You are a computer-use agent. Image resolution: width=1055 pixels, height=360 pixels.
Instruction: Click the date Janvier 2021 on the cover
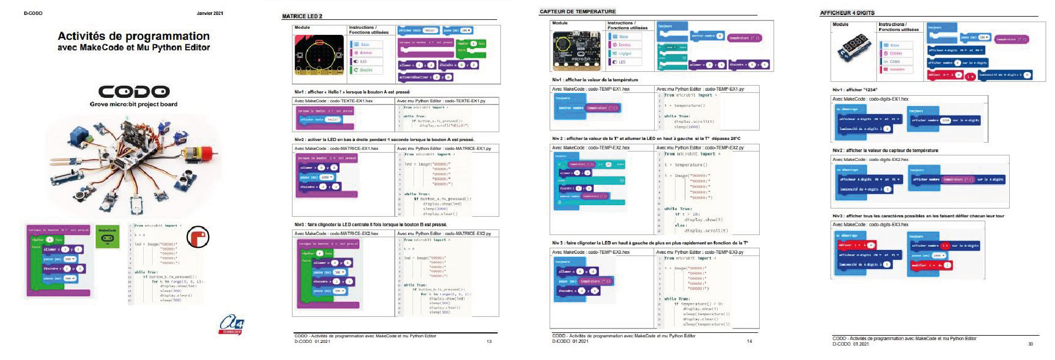(x=210, y=13)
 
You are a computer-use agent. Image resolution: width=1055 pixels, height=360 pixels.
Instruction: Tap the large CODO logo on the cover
(x=133, y=91)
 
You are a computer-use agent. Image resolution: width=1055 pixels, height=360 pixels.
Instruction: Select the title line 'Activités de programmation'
(x=134, y=36)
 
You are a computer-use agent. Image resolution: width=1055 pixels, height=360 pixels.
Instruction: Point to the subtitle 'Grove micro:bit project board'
(x=133, y=104)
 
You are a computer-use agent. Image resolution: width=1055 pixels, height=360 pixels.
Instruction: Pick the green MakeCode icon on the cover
(x=108, y=236)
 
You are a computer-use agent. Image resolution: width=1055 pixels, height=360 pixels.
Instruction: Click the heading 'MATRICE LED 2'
(x=302, y=17)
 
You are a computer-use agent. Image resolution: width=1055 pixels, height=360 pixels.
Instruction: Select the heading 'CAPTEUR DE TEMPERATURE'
(x=577, y=12)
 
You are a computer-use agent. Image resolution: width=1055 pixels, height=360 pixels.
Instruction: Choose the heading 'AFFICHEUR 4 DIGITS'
(x=847, y=13)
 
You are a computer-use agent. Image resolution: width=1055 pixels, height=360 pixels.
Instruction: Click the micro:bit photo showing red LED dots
(x=318, y=57)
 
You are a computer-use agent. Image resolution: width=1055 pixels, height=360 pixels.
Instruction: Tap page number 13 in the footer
(x=489, y=341)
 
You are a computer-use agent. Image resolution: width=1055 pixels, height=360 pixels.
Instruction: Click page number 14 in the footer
(x=749, y=341)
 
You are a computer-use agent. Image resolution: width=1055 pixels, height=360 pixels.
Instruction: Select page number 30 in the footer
(x=1030, y=344)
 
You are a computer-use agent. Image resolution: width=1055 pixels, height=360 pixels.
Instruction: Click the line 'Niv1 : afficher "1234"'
(x=855, y=90)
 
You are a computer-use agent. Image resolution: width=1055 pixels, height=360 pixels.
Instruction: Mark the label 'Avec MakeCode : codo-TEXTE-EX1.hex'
(x=333, y=101)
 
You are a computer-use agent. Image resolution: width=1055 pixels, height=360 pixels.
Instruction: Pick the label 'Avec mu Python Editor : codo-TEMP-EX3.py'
(x=699, y=252)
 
